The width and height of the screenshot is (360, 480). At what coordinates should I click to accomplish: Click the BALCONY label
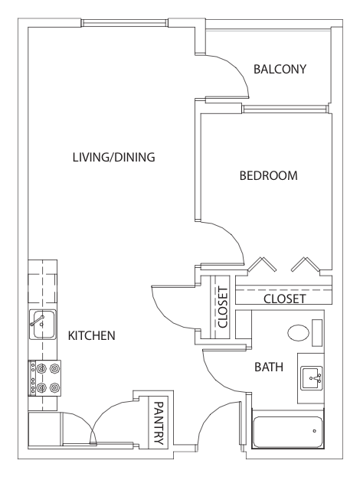coord(280,69)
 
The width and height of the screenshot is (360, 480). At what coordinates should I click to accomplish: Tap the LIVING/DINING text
coord(113,158)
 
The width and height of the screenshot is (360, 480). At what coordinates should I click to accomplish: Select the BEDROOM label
coord(268,176)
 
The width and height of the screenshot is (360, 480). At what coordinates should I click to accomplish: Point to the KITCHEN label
coord(91,336)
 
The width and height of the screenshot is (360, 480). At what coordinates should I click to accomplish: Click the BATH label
coord(269,367)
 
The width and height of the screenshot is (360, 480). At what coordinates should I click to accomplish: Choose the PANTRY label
coord(159,423)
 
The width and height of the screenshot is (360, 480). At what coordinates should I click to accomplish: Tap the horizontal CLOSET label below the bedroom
coord(285,299)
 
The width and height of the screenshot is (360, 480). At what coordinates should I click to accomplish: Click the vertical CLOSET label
coord(223,307)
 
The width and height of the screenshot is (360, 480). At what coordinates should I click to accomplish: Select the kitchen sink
coord(43,325)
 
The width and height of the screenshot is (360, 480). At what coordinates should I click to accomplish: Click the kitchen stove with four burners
coord(44,378)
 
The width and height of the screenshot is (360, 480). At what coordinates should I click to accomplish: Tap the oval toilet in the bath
coord(299,333)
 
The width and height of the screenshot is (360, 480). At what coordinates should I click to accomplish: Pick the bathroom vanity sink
coord(311,378)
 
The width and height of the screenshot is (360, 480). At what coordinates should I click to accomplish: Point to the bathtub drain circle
coord(314,431)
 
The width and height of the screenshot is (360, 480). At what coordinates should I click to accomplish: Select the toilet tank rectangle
coord(317,333)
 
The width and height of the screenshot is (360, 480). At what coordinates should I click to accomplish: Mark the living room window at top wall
coord(125,23)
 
